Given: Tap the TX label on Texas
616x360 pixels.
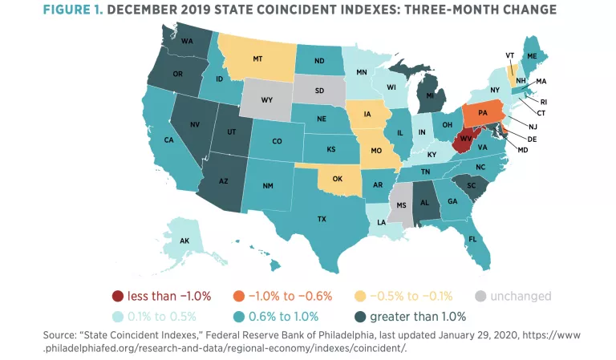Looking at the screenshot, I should tap(322, 217).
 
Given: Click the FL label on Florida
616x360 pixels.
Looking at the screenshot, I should tap(473, 238).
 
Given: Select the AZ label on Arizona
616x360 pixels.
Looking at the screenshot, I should tap(225, 181).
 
